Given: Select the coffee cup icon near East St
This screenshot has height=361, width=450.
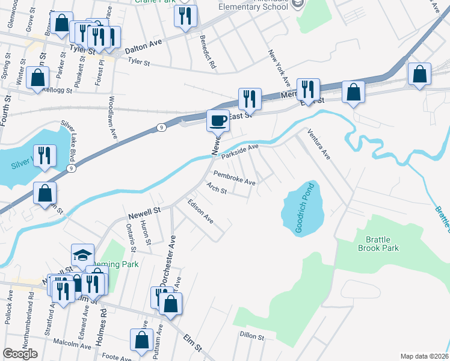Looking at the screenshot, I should pyautogui.click(x=218, y=120).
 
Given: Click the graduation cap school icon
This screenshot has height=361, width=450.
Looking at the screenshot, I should pyautogui.click(x=83, y=255).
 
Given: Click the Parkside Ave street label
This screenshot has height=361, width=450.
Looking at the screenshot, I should pyautogui.click(x=239, y=150).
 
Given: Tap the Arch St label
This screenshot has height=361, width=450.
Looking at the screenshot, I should pyautogui.click(x=216, y=188).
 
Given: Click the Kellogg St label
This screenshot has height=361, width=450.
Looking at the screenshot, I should pyautogui.click(x=57, y=91).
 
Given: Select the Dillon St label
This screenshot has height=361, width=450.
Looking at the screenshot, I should pyautogui.click(x=252, y=335).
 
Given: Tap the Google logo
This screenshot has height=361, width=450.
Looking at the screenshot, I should pyautogui.click(x=20, y=354).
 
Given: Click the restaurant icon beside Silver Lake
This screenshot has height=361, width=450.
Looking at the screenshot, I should pyautogui.click(x=44, y=156).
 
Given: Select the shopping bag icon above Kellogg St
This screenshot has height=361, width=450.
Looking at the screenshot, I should pyautogui.click(x=38, y=78).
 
